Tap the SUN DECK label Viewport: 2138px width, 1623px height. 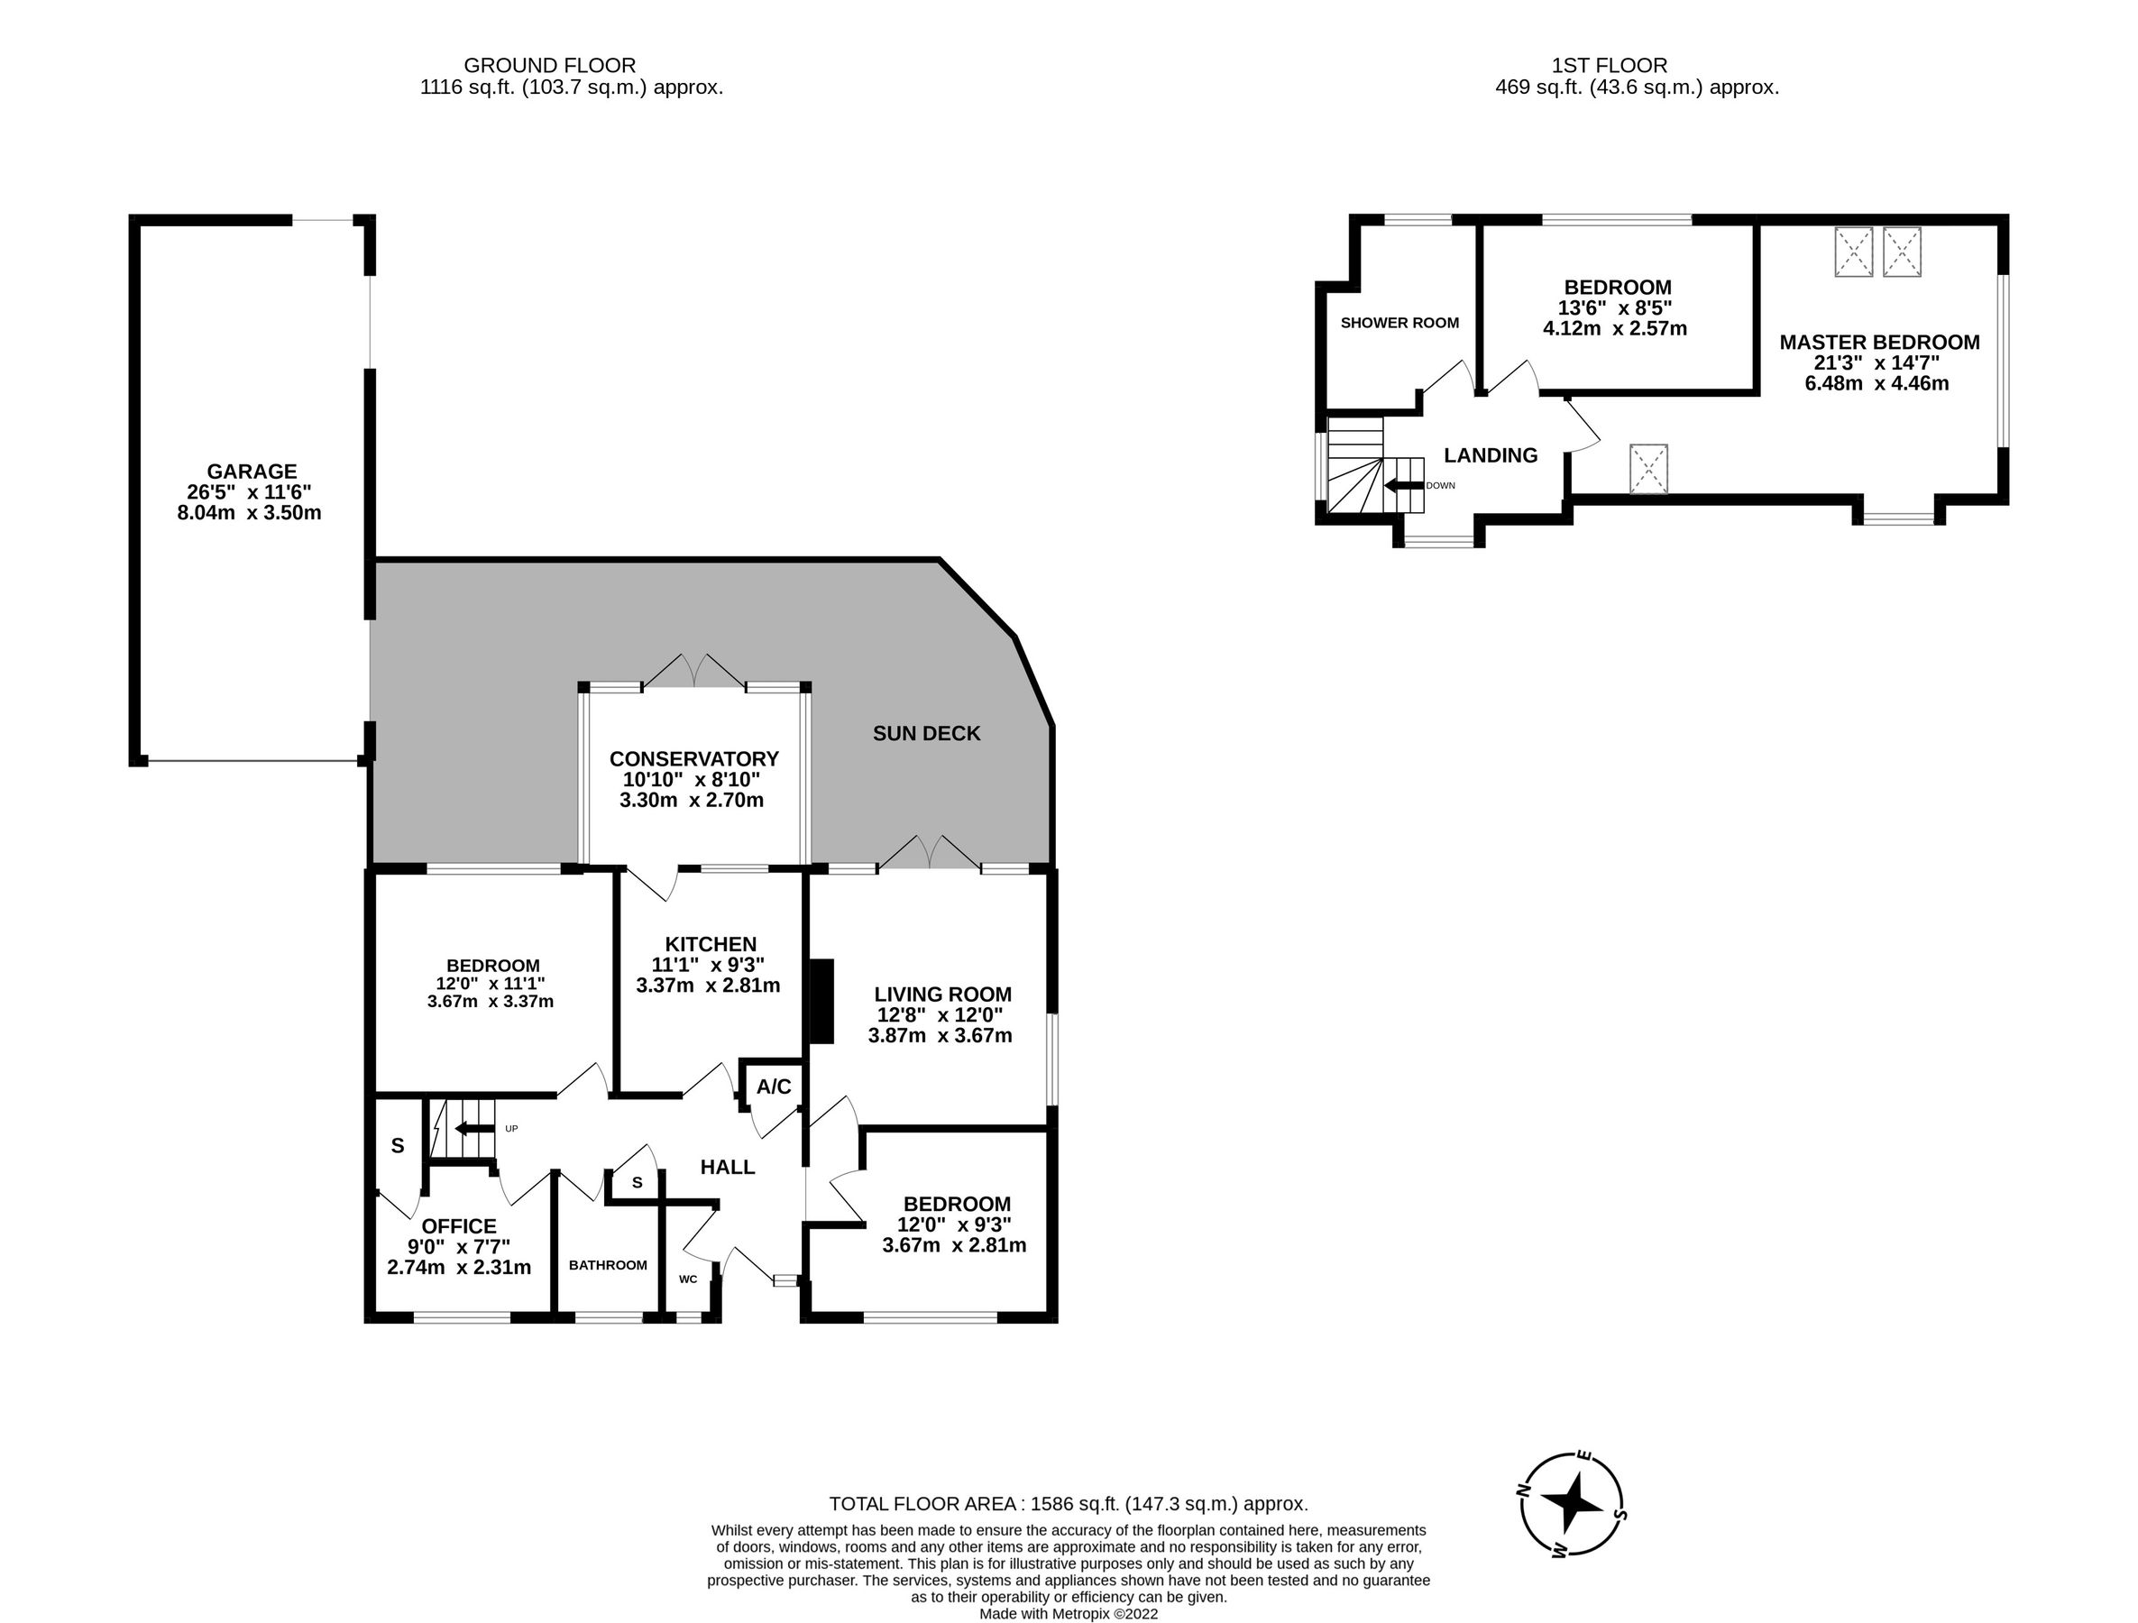click(926, 734)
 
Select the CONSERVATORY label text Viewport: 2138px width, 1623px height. click(694, 759)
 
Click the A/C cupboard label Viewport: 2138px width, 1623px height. click(774, 1087)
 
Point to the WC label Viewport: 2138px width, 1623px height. click(688, 1279)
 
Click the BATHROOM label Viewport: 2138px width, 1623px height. click(608, 1265)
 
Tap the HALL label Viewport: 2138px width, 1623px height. click(727, 1167)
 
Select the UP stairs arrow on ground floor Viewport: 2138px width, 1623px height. click(474, 1128)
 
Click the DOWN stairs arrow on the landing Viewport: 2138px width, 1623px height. click(1403, 485)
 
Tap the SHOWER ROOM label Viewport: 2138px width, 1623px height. click(1399, 323)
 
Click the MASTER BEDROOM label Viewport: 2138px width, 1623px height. click(1879, 343)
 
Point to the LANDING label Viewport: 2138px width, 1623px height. click(1491, 455)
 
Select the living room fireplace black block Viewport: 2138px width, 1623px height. click(821, 1001)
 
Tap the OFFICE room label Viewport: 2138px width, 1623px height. click(458, 1226)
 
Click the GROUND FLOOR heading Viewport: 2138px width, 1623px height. click(549, 66)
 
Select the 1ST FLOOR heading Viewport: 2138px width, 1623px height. click(1610, 66)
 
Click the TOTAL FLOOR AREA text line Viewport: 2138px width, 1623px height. click(1068, 1504)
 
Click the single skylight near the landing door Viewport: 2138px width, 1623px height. click(1649, 468)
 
